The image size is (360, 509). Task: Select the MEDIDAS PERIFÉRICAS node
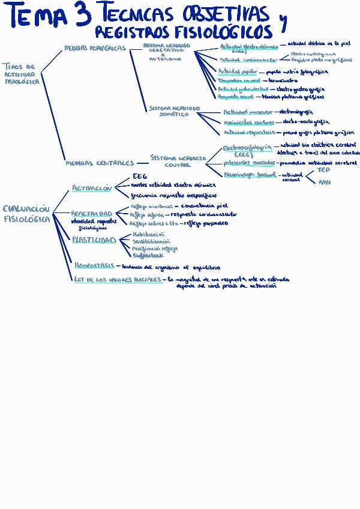(95, 47)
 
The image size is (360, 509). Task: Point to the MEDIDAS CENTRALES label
(99, 163)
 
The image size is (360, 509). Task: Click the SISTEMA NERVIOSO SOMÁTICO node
(171, 110)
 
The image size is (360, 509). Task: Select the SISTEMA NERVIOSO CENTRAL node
(178, 160)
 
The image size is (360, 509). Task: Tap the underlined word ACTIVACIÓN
(92, 188)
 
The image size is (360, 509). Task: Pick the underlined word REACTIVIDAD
(91, 213)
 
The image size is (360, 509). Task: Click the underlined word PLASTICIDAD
(94, 240)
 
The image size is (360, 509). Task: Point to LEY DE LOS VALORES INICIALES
(118, 279)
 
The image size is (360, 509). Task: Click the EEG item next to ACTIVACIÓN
(139, 177)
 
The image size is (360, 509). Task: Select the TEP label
(323, 170)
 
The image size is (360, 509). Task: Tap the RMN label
(324, 182)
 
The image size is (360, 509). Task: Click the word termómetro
(283, 80)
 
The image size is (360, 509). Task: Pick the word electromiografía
(296, 112)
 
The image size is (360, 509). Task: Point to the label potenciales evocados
(249, 163)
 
